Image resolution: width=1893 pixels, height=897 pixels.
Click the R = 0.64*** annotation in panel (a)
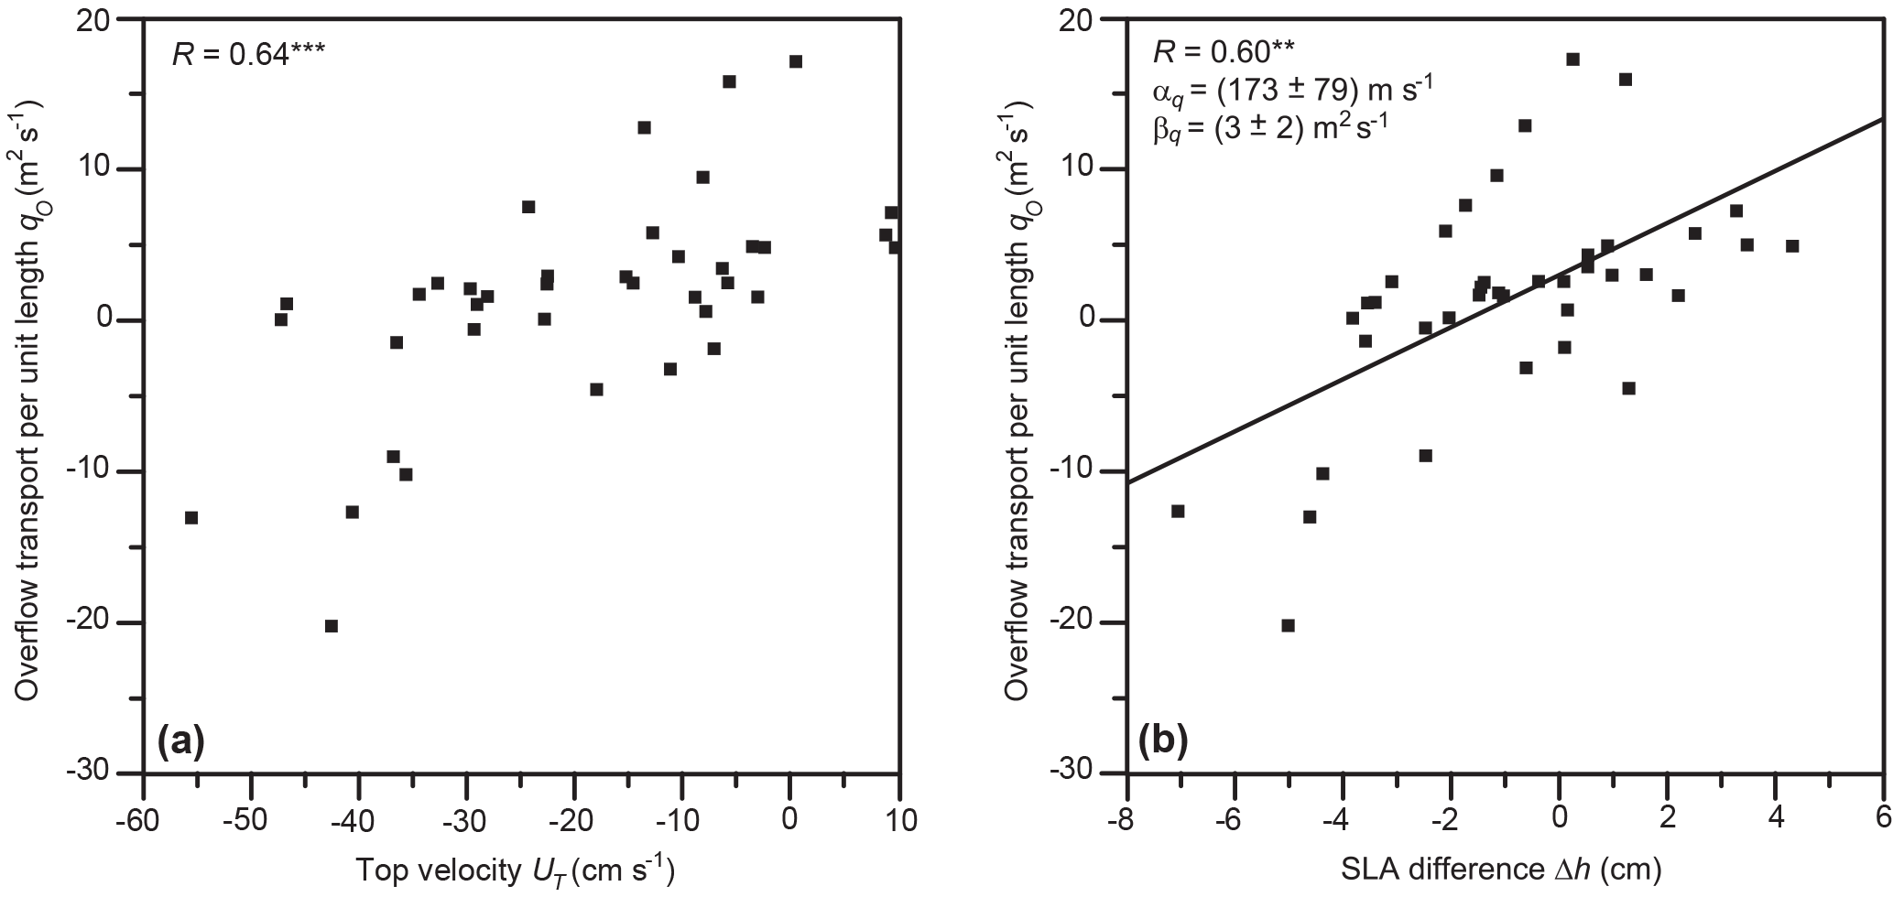(247, 55)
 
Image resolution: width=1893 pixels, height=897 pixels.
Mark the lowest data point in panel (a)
(331, 626)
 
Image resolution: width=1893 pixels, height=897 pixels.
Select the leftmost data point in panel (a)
(190, 517)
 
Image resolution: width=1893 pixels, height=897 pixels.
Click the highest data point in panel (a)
(795, 61)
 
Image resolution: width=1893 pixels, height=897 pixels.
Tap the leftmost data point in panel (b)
(1178, 511)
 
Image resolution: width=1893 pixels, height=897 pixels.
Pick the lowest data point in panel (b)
(1288, 625)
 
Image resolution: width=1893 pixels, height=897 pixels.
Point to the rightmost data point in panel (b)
(1791, 245)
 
